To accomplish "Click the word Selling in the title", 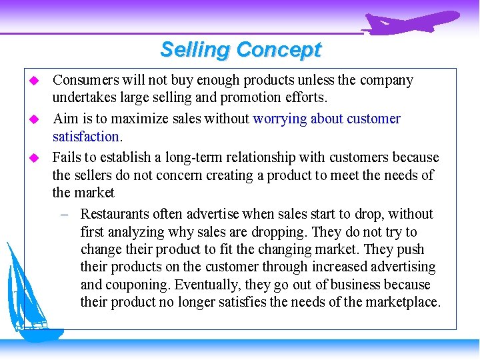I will coord(195,49).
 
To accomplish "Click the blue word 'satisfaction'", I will coord(85,136).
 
